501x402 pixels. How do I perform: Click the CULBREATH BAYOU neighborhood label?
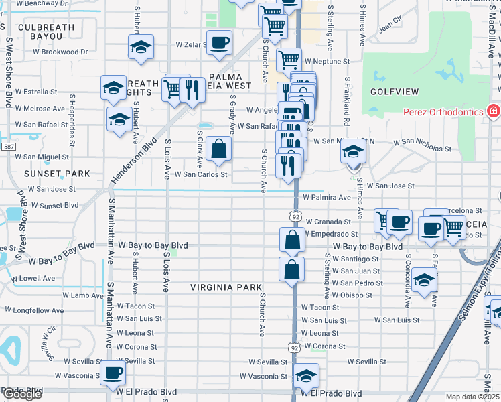(46, 33)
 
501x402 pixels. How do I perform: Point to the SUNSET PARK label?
(57, 174)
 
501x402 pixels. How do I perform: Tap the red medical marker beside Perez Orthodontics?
(493, 110)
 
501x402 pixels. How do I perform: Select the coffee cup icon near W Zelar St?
(219, 44)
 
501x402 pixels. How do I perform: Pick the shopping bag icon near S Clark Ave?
(218, 149)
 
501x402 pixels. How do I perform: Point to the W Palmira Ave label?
(326, 198)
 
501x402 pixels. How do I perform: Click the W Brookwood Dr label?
(61, 52)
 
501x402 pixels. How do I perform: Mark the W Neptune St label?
(326, 61)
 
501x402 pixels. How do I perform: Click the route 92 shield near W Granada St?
(295, 216)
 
